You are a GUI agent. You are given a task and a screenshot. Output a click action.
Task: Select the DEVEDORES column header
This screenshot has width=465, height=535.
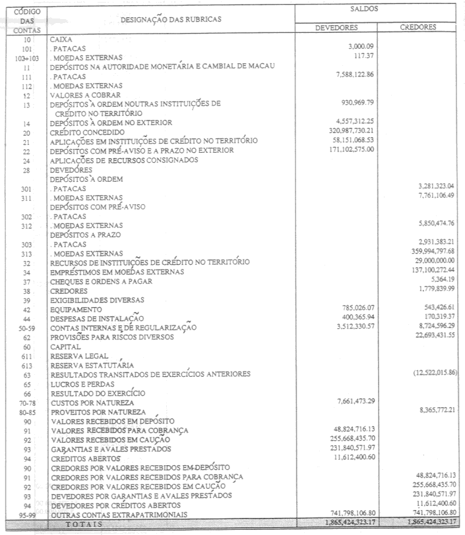pyautogui.click(x=336, y=28)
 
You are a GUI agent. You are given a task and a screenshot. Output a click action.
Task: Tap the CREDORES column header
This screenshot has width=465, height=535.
pyautogui.click(x=418, y=28)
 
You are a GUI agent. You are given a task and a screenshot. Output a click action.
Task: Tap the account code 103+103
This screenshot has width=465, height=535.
pyautogui.click(x=26, y=58)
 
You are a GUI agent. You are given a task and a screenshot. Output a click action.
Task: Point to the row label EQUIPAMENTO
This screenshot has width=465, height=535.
pyautogui.click(x=76, y=309)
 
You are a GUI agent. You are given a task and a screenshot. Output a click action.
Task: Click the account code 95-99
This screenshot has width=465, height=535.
pyautogui.click(x=26, y=513)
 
